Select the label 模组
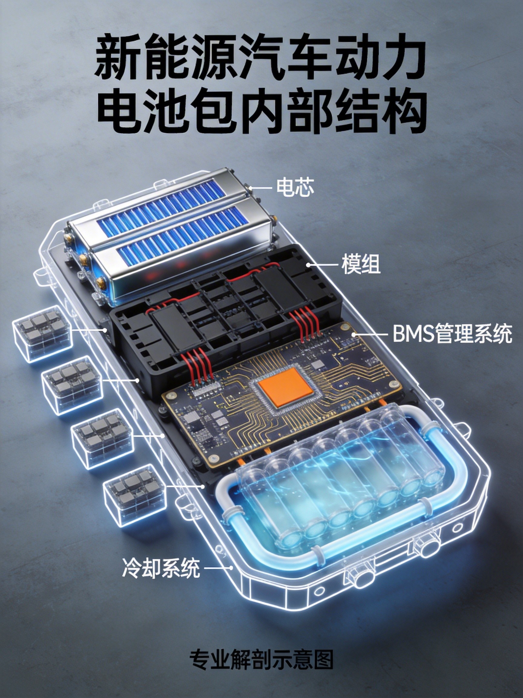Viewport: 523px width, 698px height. [x=361, y=264]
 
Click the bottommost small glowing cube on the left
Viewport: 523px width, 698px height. [x=135, y=502]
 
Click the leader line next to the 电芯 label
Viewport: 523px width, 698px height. [x=261, y=188]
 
